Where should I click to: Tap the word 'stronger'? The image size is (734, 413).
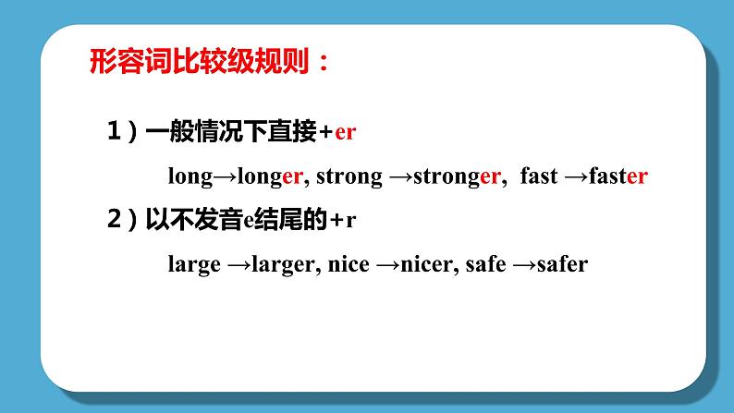458,177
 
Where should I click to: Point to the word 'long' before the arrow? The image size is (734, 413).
190,177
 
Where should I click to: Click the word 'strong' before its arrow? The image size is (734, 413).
349,177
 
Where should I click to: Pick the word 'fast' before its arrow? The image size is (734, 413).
539,177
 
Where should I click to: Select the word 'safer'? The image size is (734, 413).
563,264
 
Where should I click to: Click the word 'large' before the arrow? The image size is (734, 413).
194,264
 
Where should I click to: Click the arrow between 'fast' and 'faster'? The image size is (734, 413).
576,177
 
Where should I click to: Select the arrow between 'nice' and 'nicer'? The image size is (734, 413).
388,264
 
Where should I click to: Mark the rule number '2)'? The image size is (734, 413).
121,220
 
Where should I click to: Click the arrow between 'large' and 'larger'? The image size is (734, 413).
239,264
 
